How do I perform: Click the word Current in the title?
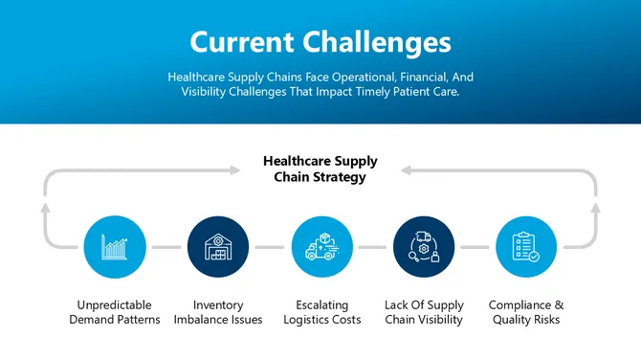242,42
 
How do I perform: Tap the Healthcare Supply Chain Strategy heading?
320,169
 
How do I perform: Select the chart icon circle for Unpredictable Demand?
115,247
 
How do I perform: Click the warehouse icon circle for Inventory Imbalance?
218,247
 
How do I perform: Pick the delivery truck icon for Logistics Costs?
321,247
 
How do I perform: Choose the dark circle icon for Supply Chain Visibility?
424,247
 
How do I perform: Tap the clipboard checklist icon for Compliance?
525,247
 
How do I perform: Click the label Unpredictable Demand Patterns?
115,312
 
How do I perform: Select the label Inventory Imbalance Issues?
218,312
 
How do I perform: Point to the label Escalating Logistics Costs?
322,312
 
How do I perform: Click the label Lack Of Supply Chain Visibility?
424,312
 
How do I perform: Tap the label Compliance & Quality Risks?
525,312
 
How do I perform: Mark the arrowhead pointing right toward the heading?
236,170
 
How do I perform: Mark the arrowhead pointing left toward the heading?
405,170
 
